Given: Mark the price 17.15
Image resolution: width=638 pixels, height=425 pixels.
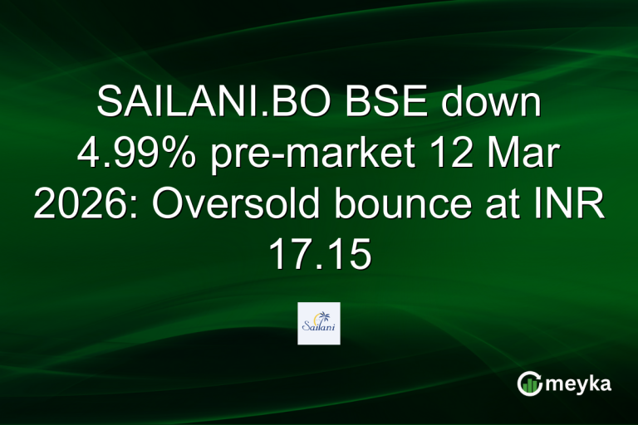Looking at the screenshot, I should click(319, 255).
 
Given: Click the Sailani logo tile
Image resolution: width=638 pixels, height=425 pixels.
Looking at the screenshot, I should click(319, 323).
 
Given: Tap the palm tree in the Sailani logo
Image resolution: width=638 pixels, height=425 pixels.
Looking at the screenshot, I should click(326, 315).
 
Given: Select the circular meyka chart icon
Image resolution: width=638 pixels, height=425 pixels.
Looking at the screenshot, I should click(530, 383).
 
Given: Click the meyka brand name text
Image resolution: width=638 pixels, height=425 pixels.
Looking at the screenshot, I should click(582, 383).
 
